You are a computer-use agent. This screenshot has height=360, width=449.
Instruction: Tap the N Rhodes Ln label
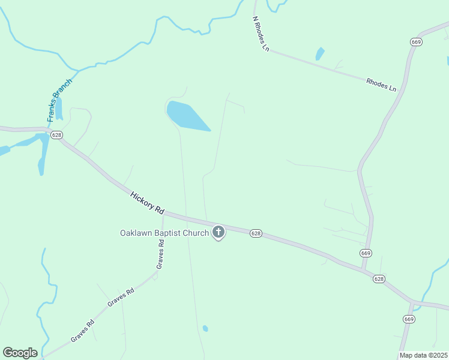(260, 34)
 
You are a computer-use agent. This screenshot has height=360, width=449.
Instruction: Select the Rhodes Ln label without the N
(381, 85)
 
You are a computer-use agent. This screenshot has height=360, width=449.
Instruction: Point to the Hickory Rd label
(147, 202)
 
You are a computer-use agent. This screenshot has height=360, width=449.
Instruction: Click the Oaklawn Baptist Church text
(164, 233)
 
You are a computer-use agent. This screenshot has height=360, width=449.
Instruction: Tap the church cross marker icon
(218, 232)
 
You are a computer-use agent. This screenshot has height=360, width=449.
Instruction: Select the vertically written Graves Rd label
(160, 254)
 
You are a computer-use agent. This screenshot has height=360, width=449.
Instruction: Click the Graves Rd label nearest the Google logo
(83, 331)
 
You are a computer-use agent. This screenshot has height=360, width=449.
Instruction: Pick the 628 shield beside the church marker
(256, 233)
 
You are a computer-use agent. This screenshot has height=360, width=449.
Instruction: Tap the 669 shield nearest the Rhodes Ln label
(416, 41)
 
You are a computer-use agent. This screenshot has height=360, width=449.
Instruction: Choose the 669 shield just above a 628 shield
(366, 253)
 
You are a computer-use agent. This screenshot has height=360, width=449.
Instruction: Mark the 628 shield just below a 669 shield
(379, 279)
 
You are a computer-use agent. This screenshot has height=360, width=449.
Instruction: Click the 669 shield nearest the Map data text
(409, 319)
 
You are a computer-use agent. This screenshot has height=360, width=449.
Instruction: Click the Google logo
(20, 353)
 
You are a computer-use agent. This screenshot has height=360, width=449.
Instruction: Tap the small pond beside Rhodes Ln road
(320, 54)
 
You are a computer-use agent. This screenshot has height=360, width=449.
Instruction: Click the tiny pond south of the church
(205, 328)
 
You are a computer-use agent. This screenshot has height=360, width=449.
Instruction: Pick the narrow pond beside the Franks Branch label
(58, 109)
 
